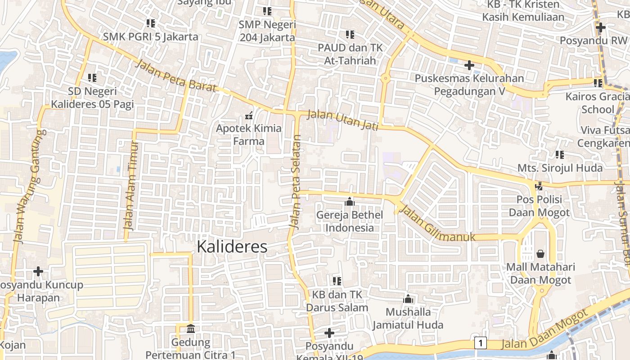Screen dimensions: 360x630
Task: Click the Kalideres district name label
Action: pos(232,247)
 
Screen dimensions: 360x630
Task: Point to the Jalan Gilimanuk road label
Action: pos(437,224)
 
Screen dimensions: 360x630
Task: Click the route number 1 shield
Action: pos(481,343)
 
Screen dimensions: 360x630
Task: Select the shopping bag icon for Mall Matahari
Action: pos(540,254)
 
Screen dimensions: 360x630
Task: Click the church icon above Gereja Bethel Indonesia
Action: pos(349,202)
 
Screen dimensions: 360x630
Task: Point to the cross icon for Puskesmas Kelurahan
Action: pos(469,66)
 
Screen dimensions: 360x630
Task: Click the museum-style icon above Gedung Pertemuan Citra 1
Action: pos(190,328)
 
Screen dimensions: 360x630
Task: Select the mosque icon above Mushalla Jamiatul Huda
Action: pos(408,299)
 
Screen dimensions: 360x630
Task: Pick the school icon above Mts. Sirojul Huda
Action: pos(559,155)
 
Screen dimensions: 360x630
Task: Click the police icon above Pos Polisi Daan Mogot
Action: pos(539,186)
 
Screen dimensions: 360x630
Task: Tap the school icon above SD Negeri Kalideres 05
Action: pos(92,78)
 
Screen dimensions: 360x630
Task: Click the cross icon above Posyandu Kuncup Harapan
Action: pos(38,271)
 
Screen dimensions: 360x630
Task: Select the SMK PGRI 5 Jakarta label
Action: pos(150,36)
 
